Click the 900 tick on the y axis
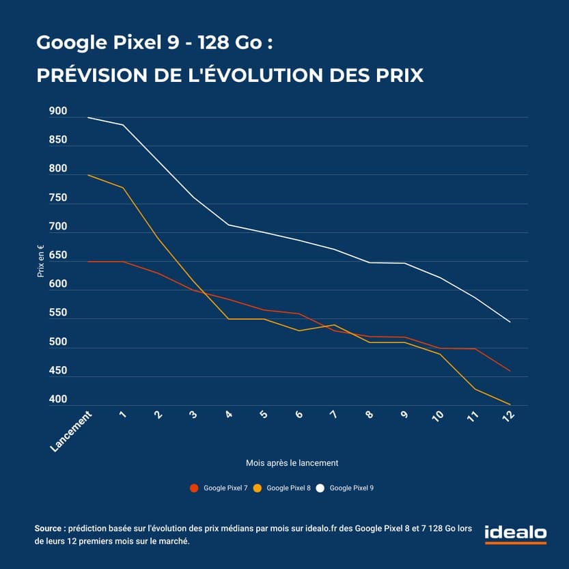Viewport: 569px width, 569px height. point(58,111)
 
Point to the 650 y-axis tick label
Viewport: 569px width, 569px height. point(58,255)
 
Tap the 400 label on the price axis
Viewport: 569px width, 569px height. point(58,400)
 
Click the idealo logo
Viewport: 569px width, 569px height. point(516,533)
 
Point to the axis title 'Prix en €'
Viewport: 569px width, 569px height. point(41,260)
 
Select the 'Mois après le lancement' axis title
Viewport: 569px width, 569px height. point(292,462)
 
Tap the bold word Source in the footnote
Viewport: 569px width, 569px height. point(48,529)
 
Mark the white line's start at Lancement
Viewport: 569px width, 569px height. point(87,117)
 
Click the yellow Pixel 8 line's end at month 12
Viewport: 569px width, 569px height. point(510,404)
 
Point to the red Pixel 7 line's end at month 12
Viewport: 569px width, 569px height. point(510,371)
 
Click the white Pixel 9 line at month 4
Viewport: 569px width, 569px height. point(228,225)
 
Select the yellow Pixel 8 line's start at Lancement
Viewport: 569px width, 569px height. point(87,175)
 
